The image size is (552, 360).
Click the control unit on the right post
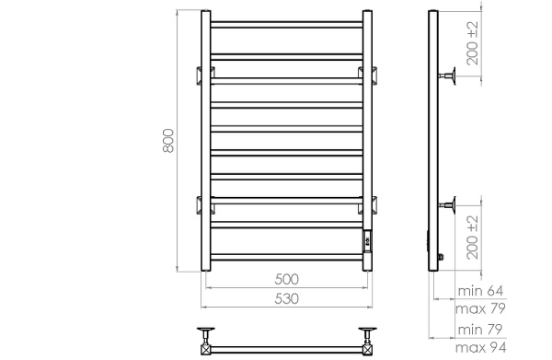pyautogui.click(x=368, y=241)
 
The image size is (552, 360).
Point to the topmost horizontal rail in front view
pyautogui.click(x=289, y=23)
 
